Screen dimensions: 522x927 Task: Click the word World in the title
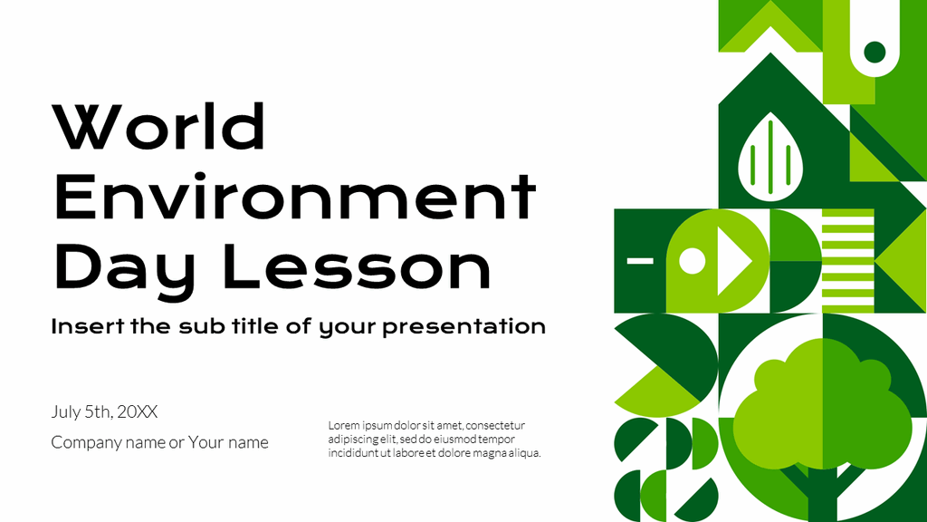pyautogui.click(x=159, y=127)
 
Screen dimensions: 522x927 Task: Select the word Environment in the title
pyautogui.click(x=295, y=197)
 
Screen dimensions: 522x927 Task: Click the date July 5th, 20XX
pyautogui.click(x=104, y=412)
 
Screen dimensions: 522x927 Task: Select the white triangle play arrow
pyautogui.click(x=733, y=261)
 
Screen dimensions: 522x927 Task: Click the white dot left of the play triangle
pyautogui.click(x=692, y=261)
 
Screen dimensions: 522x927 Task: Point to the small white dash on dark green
pyautogui.click(x=640, y=260)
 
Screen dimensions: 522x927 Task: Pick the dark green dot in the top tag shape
pyautogui.click(x=874, y=52)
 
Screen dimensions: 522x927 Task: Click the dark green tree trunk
pyautogui.click(x=821, y=494)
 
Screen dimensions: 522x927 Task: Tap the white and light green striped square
pyautogui.click(x=848, y=260)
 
